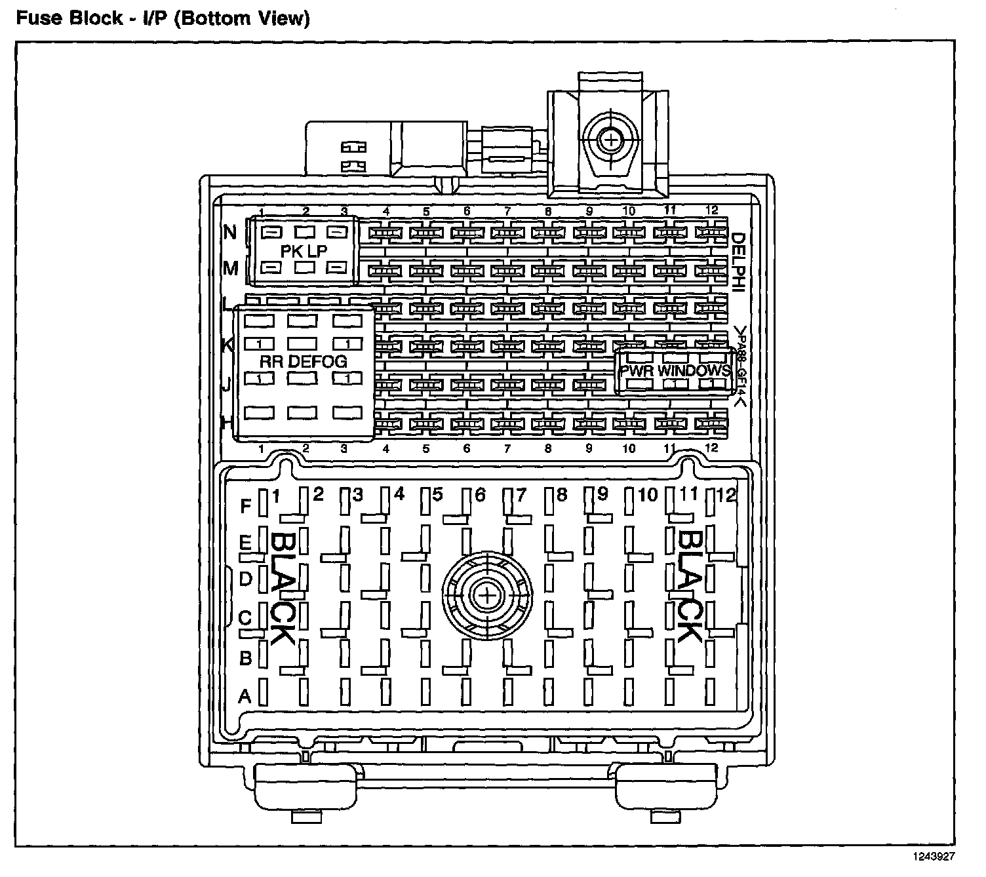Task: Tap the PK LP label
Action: (304, 251)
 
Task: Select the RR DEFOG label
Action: (304, 361)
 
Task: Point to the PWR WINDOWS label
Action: (675, 370)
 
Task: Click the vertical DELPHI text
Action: (738, 262)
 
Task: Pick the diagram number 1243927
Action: (932, 856)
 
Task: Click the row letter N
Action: (230, 233)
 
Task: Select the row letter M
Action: (231, 268)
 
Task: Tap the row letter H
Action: (227, 423)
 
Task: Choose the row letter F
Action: (246, 506)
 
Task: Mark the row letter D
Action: (245, 579)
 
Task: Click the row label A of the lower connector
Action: (245, 695)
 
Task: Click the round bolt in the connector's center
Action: (486, 594)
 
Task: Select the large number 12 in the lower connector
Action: (726, 495)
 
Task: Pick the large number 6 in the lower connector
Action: (480, 496)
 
